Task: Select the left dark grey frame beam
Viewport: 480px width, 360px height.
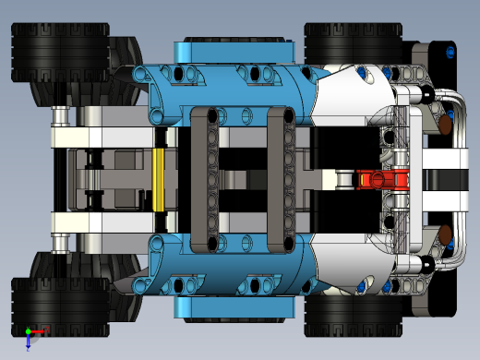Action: point(211,179)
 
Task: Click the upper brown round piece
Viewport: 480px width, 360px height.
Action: point(444,125)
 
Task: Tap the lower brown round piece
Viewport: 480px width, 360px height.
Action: point(444,235)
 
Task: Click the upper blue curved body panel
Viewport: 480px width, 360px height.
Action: point(231,88)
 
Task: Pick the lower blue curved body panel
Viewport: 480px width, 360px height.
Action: point(231,272)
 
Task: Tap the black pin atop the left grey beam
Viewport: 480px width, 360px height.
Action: point(211,116)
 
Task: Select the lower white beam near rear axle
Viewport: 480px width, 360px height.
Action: point(102,222)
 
